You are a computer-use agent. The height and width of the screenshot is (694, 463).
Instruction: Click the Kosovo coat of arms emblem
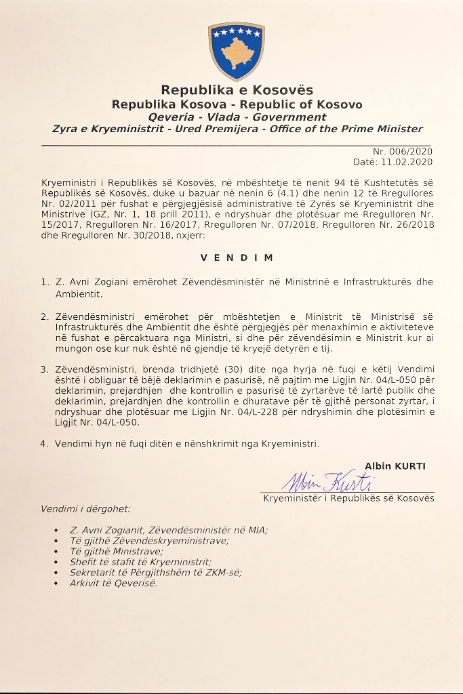[237, 51]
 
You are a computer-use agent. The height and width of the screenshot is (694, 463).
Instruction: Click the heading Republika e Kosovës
[237, 90]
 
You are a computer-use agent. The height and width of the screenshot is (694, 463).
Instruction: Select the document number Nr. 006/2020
[403, 152]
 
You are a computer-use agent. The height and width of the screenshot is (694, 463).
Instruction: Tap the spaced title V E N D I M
[237, 258]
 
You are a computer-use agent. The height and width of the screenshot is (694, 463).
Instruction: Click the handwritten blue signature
[329, 482]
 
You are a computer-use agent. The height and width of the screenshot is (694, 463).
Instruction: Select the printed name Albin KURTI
[395, 466]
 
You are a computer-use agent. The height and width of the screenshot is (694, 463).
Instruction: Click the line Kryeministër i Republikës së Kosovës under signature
[348, 498]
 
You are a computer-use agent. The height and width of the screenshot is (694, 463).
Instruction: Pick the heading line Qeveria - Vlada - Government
[237, 117]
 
